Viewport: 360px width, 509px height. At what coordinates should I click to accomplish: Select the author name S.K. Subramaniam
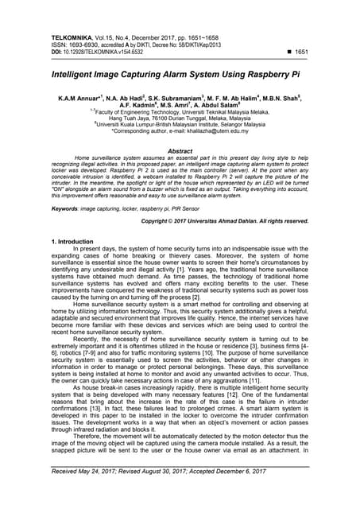[x=168, y=97]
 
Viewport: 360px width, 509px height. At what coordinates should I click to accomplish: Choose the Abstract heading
[x=180, y=150]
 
